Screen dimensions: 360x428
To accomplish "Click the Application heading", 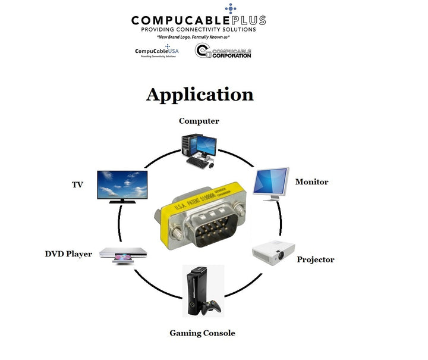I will (x=200, y=95).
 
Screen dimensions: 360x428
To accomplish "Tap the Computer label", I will (x=199, y=121).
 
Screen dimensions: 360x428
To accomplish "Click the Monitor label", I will (x=311, y=181).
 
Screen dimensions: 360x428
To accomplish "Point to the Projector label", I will (x=316, y=259).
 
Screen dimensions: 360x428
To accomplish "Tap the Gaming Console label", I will (x=202, y=333).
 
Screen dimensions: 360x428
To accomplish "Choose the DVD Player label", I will (x=68, y=254).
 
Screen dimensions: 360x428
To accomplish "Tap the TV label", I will (x=77, y=185).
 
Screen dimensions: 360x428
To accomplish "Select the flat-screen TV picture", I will (x=122, y=184).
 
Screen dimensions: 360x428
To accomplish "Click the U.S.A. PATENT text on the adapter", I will (x=189, y=205).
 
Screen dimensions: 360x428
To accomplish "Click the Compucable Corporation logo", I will (x=224, y=51).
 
